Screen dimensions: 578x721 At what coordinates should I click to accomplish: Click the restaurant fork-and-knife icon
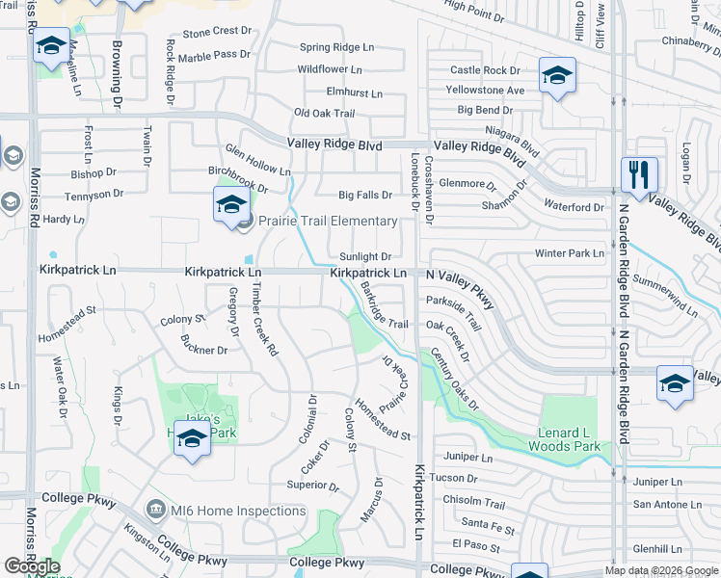click(639, 175)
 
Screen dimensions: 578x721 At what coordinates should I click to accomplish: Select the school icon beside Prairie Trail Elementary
click(231, 205)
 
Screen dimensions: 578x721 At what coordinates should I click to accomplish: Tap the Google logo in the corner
click(32, 566)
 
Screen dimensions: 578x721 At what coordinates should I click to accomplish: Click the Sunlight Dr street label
click(365, 257)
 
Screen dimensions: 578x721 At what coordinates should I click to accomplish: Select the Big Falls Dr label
click(365, 195)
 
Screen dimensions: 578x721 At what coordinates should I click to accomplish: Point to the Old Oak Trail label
click(324, 114)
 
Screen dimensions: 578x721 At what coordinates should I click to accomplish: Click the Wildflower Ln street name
click(330, 69)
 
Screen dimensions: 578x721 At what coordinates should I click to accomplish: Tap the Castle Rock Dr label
click(485, 70)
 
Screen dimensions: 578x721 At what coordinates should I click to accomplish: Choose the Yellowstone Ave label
click(485, 90)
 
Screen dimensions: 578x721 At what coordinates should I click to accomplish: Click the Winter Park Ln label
click(570, 253)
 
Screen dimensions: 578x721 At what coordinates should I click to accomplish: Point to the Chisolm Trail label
click(473, 503)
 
